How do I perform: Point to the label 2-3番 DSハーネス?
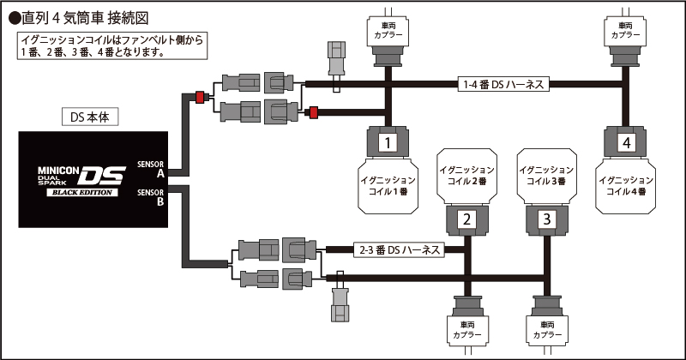pyautogui.click(x=399, y=249)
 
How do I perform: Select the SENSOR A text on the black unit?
pyautogui.click(x=152, y=166)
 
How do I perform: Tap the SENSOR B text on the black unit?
pyautogui.click(x=152, y=196)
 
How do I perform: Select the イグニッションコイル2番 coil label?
pyautogui.click(x=467, y=177)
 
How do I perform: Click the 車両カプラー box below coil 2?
pyautogui.click(x=467, y=330)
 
